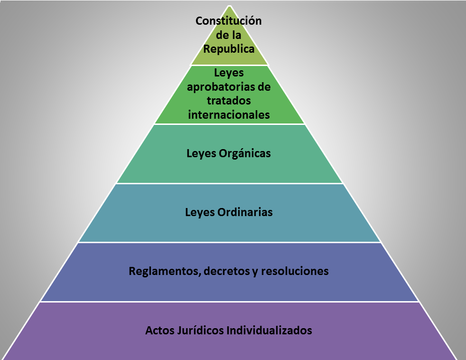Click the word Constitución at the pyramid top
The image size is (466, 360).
(229, 21)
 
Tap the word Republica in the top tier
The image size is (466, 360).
(229, 49)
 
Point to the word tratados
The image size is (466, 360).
(229, 101)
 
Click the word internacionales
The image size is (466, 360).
(229, 114)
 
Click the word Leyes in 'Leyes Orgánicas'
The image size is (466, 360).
(200, 153)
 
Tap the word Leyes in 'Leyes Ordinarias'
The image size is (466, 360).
(198, 212)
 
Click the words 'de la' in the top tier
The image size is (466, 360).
(229, 35)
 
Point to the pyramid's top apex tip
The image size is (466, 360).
(230, 7)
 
